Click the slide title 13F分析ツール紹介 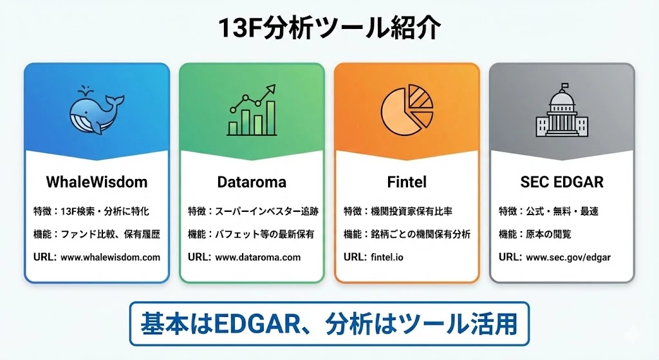click(329, 28)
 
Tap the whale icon click(97, 110)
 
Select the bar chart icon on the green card click(252, 110)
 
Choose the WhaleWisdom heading click(97, 182)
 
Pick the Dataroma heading click(252, 182)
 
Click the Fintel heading click(407, 182)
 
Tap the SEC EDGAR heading click(562, 182)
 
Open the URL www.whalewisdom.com click(110, 258)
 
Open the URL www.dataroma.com click(257, 258)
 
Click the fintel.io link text click(387, 258)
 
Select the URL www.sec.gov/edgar click(568, 258)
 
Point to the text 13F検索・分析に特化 click(105, 211)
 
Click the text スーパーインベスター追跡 click(267, 211)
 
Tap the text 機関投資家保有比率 click(411, 211)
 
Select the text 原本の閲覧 click(548, 234)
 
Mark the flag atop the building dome click(564, 86)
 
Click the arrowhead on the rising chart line click(271, 89)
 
